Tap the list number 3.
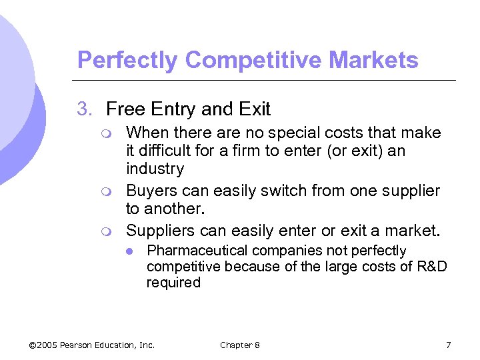85,109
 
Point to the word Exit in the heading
253,109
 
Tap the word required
173,283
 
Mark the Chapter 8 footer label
240,345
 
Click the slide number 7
448,345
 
